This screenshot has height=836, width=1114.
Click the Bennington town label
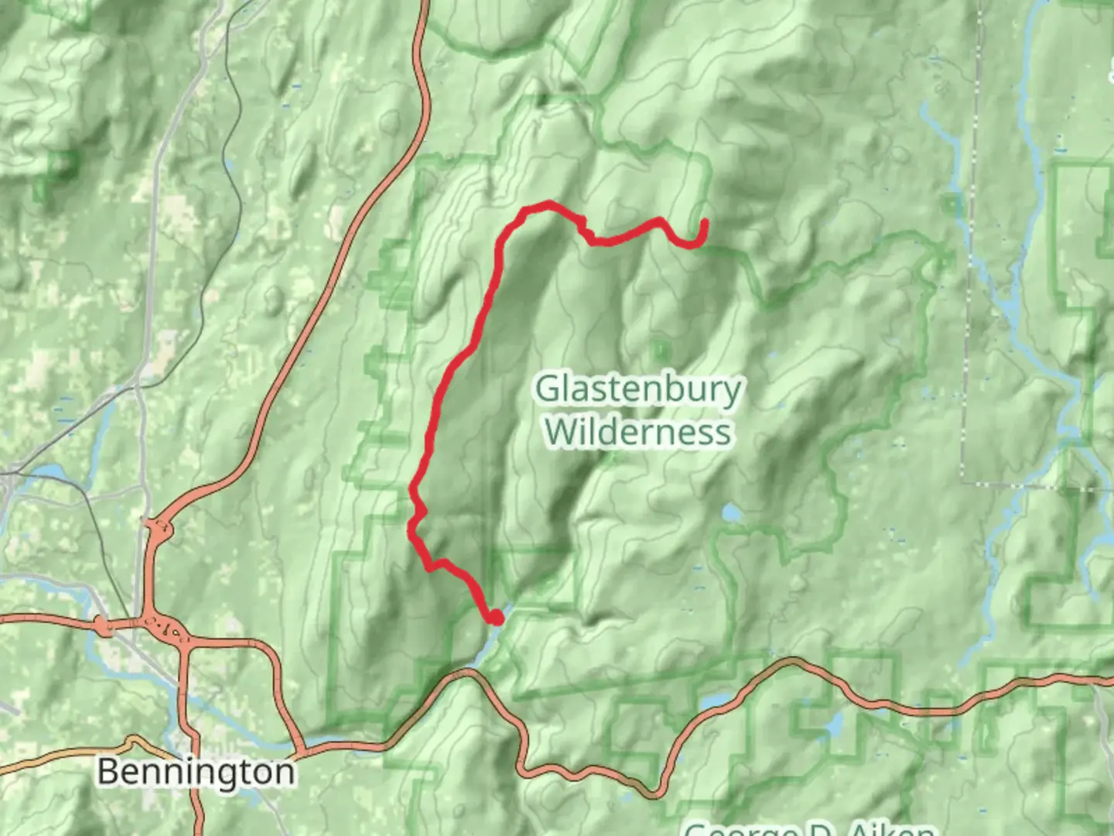196,772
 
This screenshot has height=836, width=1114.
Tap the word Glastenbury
637,389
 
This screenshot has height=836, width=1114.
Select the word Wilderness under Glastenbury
637,431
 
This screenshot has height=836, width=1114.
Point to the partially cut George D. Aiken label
808,828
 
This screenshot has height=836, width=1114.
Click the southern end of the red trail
495,618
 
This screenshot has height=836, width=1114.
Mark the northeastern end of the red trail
705,223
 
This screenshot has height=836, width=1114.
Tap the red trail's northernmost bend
548,204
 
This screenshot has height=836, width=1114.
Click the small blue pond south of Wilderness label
730,512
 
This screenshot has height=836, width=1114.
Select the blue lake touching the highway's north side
716,701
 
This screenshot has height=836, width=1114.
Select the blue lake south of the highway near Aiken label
835,724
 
